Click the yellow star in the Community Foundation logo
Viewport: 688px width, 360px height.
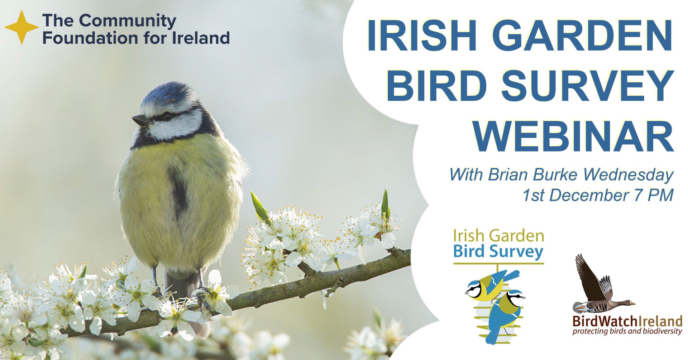[21, 27]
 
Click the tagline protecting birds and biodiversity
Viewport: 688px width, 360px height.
[627, 331]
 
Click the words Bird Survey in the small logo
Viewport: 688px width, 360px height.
[498, 251]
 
